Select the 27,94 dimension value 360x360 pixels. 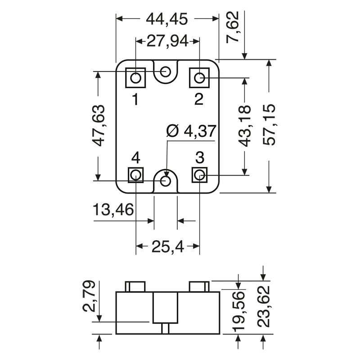click(x=167, y=42)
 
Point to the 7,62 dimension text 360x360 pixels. click(x=234, y=30)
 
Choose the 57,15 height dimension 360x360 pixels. click(x=270, y=126)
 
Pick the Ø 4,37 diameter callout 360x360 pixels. click(x=191, y=131)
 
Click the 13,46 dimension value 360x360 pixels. click(x=113, y=210)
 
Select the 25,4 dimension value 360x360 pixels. click(x=168, y=246)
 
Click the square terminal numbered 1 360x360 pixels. click(x=135, y=79)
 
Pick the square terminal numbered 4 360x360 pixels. click(x=135, y=175)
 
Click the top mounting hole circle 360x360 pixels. click(x=166, y=71)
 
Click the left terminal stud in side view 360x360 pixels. click(x=135, y=286)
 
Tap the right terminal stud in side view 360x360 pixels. click(x=199, y=286)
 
